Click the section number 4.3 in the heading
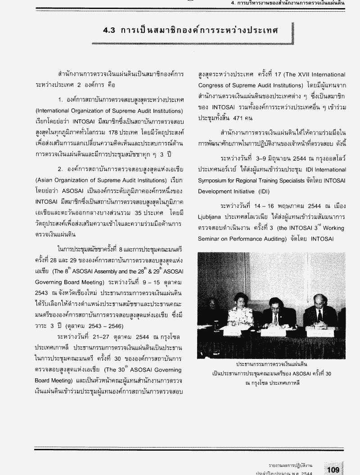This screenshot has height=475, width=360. point(109,31)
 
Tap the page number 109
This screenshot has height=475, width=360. point(333,470)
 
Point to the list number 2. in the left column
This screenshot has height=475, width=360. point(61,170)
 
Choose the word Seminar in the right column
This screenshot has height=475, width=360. point(210,239)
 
